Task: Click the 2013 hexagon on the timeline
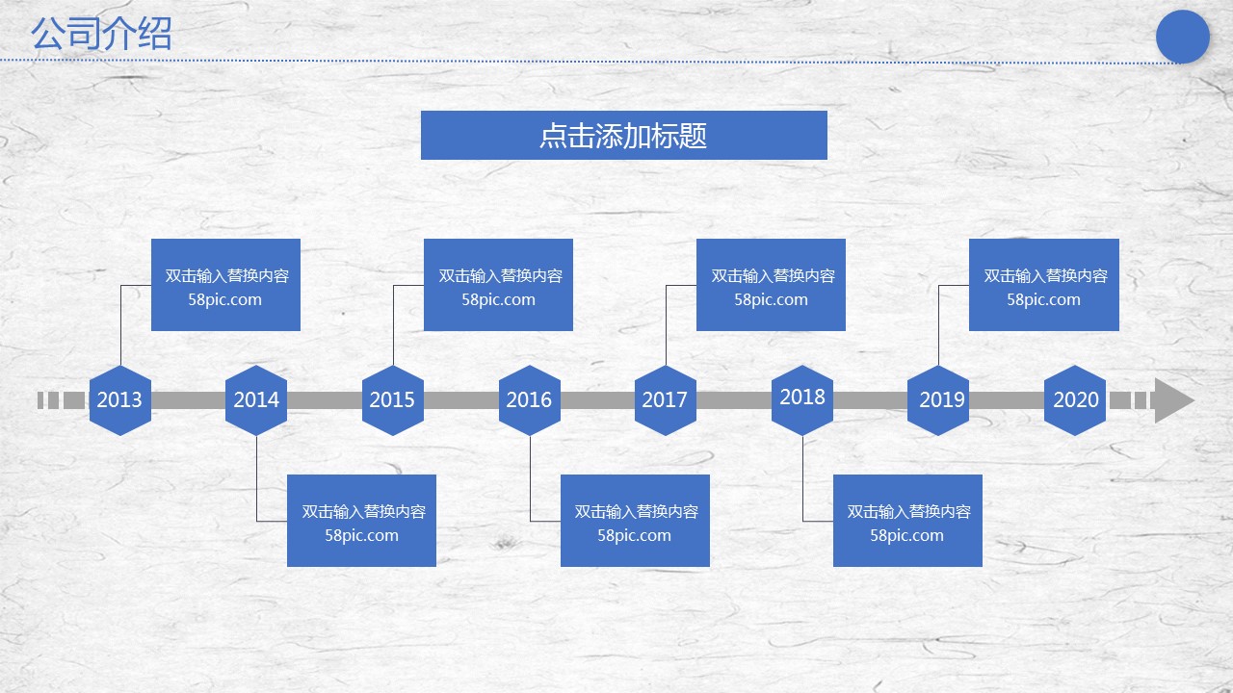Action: (120, 400)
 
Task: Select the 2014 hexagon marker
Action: (256, 400)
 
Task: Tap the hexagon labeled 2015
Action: (393, 400)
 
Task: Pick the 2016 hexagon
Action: (530, 400)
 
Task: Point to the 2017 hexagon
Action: (666, 400)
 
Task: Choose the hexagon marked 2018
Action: (802, 398)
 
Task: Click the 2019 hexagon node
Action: (939, 400)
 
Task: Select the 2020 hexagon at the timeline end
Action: (1075, 400)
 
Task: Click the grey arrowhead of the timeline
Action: (1172, 400)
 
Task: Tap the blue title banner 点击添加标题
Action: (623, 135)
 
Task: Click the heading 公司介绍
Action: (101, 35)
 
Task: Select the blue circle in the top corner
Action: (1182, 37)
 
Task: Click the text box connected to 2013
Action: (226, 285)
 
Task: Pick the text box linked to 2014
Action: (361, 521)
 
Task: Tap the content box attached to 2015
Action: (499, 285)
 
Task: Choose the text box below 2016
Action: (635, 521)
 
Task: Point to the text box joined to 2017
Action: (771, 285)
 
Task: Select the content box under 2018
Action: (907, 521)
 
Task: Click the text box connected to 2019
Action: (1044, 285)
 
